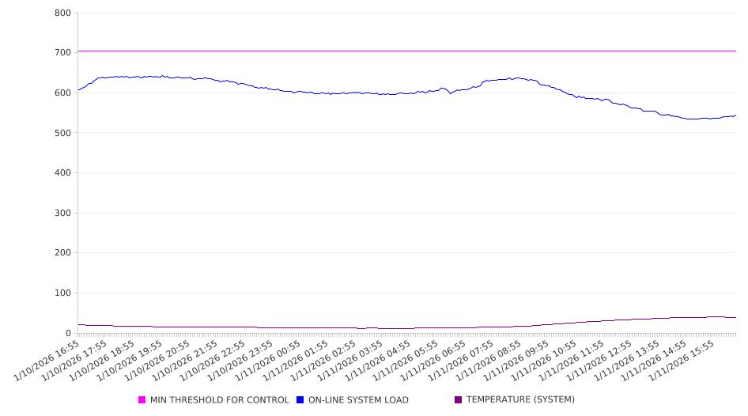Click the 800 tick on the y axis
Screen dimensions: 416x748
62,13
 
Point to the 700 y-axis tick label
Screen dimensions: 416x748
62,53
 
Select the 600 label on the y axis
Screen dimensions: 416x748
62,93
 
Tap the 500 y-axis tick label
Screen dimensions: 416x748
62,133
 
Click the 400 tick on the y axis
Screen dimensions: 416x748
62,173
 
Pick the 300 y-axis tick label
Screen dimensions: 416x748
62,214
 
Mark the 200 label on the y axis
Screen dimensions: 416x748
62,253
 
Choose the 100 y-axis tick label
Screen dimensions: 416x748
62,293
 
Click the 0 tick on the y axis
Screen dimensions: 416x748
69,334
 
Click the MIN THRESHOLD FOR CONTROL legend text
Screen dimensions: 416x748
220,400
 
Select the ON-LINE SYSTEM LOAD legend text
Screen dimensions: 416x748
358,400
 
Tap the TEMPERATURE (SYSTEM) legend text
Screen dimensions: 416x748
520,400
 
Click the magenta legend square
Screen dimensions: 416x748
142,400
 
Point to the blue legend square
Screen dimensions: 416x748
300,400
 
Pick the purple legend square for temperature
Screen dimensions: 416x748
459,400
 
